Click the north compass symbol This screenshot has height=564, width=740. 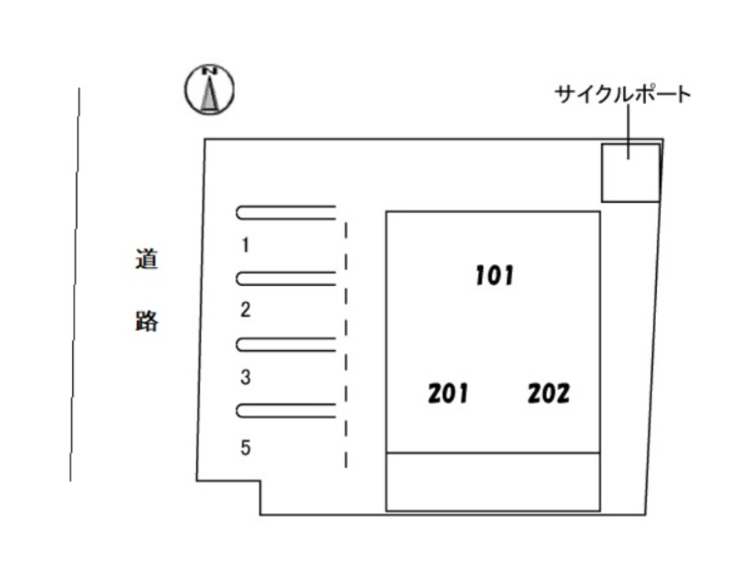pos(209,90)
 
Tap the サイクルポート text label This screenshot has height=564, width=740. pos(623,95)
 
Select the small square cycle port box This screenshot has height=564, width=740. pos(630,172)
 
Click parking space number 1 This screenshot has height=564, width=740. pos(245,245)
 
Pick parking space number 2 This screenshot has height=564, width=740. pos(245,310)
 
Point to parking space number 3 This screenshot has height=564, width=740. pos(245,378)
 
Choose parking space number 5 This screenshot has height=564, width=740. pos(245,448)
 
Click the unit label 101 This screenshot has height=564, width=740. pos(495,275)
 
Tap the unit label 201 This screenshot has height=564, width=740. pos(448,393)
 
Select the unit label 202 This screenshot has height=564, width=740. pos(548,393)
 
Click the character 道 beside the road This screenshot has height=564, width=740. pos(146,259)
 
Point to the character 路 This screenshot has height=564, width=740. pos(146,320)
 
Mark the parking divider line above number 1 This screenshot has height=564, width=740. pos(286,211)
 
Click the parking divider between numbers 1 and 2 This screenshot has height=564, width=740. pos(286,278)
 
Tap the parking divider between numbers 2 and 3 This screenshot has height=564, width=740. pos(286,344)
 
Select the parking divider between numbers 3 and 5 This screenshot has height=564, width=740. pos(286,410)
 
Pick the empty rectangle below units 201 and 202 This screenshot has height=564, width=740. pos(493,482)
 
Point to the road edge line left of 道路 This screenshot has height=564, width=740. pos(75,282)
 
